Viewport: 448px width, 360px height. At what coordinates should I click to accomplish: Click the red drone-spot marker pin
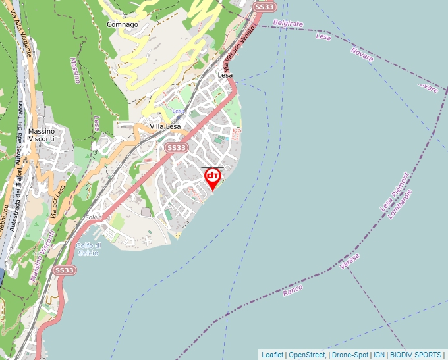coord(213,178)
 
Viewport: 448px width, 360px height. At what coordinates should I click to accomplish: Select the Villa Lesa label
coord(165,126)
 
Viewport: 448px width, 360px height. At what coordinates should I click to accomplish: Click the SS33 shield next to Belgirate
coord(264,7)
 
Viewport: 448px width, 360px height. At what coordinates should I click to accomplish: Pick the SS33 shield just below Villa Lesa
coord(176,148)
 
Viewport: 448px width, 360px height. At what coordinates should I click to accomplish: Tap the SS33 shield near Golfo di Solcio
coord(65,270)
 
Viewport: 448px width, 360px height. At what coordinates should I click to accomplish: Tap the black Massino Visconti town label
coord(42,135)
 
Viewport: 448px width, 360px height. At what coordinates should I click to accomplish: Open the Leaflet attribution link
coord(272,355)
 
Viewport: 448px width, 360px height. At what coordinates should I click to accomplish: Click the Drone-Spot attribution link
coord(350,355)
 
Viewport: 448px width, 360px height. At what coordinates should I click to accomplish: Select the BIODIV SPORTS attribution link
coord(416,355)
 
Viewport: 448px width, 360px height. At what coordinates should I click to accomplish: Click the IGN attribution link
coord(379,355)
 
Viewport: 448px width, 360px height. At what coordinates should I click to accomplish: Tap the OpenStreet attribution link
coord(307,355)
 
